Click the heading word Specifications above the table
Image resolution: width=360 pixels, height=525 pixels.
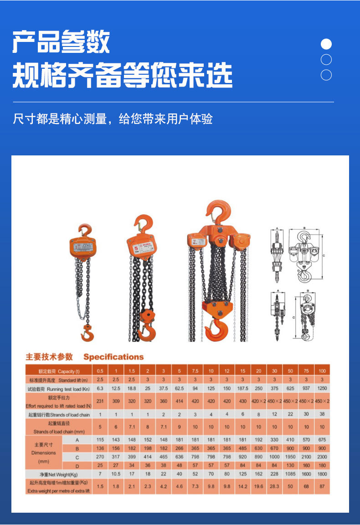point(113,357)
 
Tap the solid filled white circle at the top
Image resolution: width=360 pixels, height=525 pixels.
point(326,44)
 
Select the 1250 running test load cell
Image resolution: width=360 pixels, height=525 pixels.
point(322,388)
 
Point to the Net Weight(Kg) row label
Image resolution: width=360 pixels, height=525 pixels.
point(59,474)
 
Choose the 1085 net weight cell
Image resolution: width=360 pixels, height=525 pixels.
point(290,474)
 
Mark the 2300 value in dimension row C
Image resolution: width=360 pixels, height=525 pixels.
point(322,457)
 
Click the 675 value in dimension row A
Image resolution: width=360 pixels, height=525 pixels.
point(322,440)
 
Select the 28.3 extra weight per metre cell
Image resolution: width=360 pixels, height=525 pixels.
point(274,486)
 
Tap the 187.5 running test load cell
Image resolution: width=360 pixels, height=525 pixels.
point(242,388)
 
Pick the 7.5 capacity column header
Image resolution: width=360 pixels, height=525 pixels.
point(195,371)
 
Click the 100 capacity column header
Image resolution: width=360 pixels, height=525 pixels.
point(322,371)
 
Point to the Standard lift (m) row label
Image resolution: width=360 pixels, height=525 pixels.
point(59,380)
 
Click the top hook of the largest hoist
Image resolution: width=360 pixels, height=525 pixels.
point(219,211)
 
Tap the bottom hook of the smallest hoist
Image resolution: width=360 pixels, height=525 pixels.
point(87,334)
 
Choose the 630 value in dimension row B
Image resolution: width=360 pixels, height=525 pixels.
point(258,448)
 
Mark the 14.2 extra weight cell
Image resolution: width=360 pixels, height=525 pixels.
point(242,486)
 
